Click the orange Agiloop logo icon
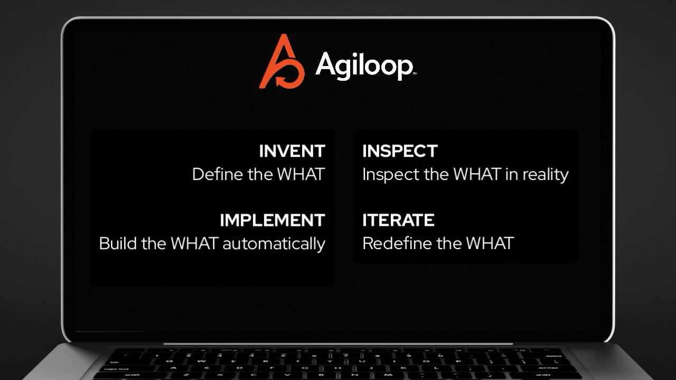tap(281, 62)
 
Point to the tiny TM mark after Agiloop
tap(415, 74)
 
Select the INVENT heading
tap(292, 151)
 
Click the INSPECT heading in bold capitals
tap(400, 151)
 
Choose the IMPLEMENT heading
tap(272, 220)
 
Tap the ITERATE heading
tap(398, 220)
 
